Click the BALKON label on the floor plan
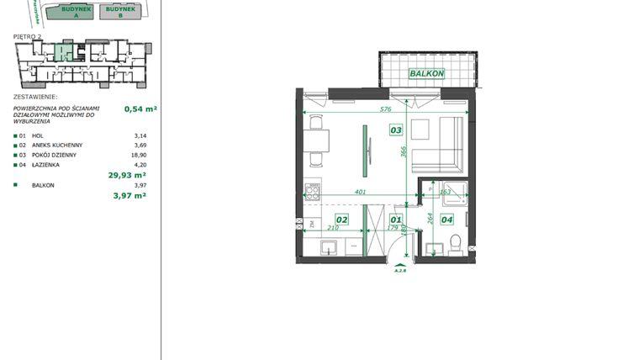click(x=426, y=74)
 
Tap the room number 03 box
click(x=395, y=130)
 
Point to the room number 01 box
click(x=396, y=220)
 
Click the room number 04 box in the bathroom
click(x=446, y=220)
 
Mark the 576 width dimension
click(x=386, y=109)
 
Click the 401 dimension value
click(x=360, y=193)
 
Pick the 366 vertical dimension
click(x=404, y=151)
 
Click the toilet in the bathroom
click(x=455, y=245)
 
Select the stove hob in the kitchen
click(x=313, y=193)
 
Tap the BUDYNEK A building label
click(x=70, y=12)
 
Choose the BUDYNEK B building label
click(x=119, y=12)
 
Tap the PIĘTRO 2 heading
click(x=29, y=37)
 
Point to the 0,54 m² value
click(x=140, y=109)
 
